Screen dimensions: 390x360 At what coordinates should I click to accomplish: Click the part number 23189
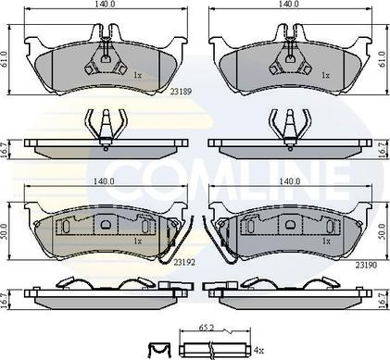click(181, 92)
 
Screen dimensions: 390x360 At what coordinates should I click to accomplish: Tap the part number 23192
click(184, 262)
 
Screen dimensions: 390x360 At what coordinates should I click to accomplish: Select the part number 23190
click(366, 265)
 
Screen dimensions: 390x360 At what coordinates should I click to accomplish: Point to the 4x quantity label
click(258, 350)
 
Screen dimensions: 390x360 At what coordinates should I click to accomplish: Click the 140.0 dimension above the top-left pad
click(106, 4)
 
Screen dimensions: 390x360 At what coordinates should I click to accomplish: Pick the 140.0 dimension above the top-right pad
click(290, 4)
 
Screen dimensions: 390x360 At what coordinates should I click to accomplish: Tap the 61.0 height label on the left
click(5, 59)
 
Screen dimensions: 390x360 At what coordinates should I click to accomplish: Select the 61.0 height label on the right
click(383, 59)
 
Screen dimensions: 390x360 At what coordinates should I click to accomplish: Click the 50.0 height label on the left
click(5, 231)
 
